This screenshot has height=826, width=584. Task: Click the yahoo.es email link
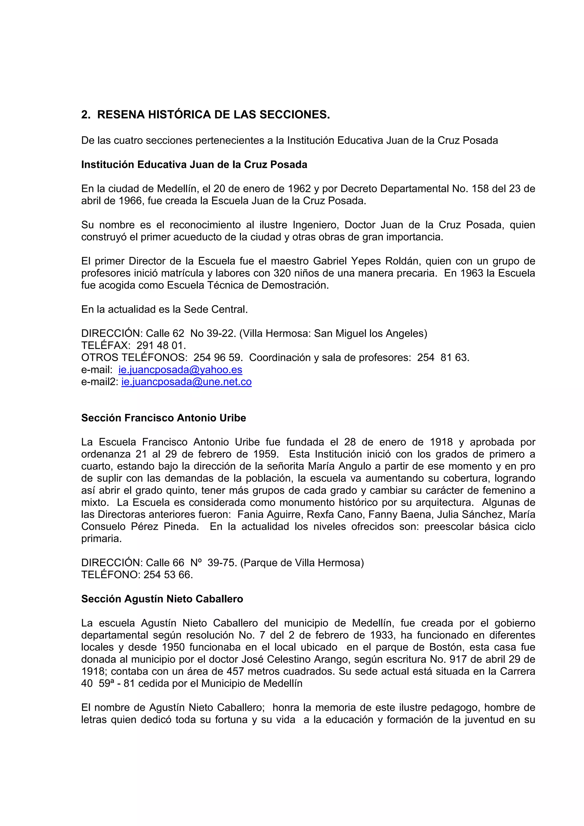click(180, 370)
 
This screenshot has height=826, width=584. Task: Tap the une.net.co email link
click(186, 382)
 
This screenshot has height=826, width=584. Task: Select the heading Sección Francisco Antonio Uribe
click(163, 418)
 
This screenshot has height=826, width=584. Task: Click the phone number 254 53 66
click(168, 575)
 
